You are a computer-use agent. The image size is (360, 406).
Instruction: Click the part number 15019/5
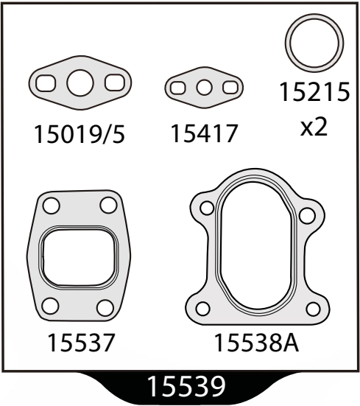(80, 134)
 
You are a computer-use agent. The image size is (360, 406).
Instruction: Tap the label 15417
(204, 133)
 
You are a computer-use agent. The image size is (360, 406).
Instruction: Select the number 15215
(314, 92)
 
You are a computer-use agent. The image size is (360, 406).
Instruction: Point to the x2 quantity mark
(314, 127)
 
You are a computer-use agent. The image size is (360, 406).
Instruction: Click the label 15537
(80, 343)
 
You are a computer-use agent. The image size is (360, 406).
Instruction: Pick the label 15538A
(256, 343)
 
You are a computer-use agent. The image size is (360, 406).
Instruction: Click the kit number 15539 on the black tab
(186, 386)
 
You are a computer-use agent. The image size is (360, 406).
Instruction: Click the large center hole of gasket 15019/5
(80, 83)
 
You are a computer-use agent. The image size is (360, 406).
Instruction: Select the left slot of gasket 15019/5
(46, 83)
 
